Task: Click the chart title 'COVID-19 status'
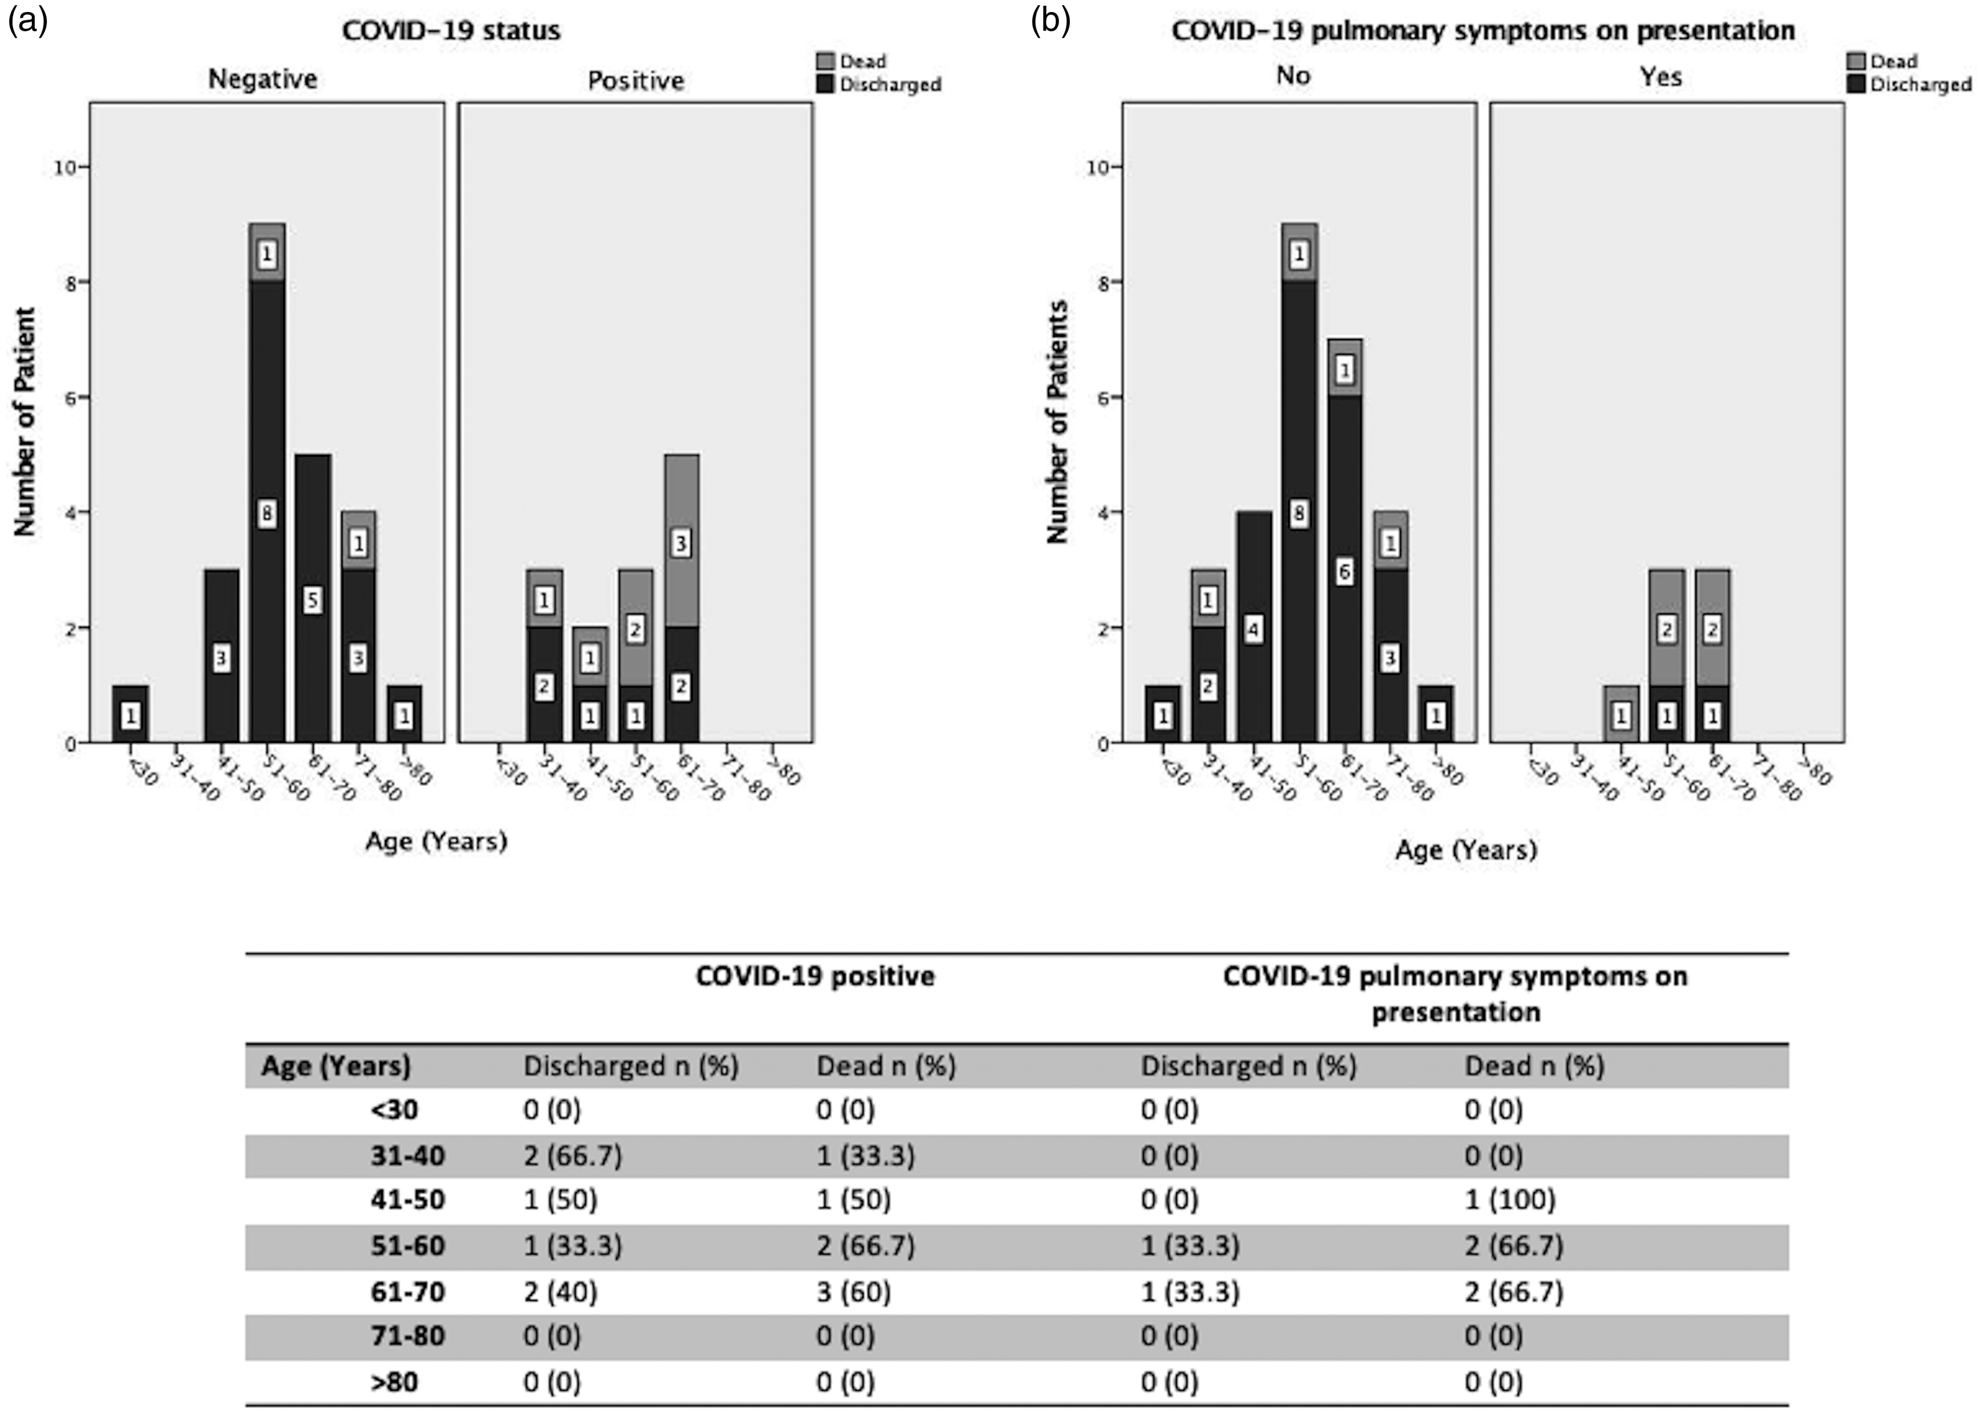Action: [451, 30]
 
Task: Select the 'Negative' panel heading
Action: [262, 79]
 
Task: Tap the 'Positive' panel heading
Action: [636, 80]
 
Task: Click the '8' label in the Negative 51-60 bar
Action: [267, 514]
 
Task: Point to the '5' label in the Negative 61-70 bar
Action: [313, 600]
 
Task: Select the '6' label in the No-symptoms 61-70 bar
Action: [1345, 572]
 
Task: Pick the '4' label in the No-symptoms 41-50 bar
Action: [1253, 629]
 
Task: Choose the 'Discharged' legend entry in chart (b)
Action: [1908, 85]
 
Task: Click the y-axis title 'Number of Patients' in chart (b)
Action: [1057, 423]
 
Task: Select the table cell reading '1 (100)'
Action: [1509, 1200]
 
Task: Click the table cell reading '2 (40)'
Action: [560, 1291]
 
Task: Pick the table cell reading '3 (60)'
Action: [853, 1291]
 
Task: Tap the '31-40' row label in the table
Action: [408, 1156]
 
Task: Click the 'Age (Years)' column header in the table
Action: [336, 1066]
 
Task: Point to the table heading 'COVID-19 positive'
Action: [815, 976]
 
